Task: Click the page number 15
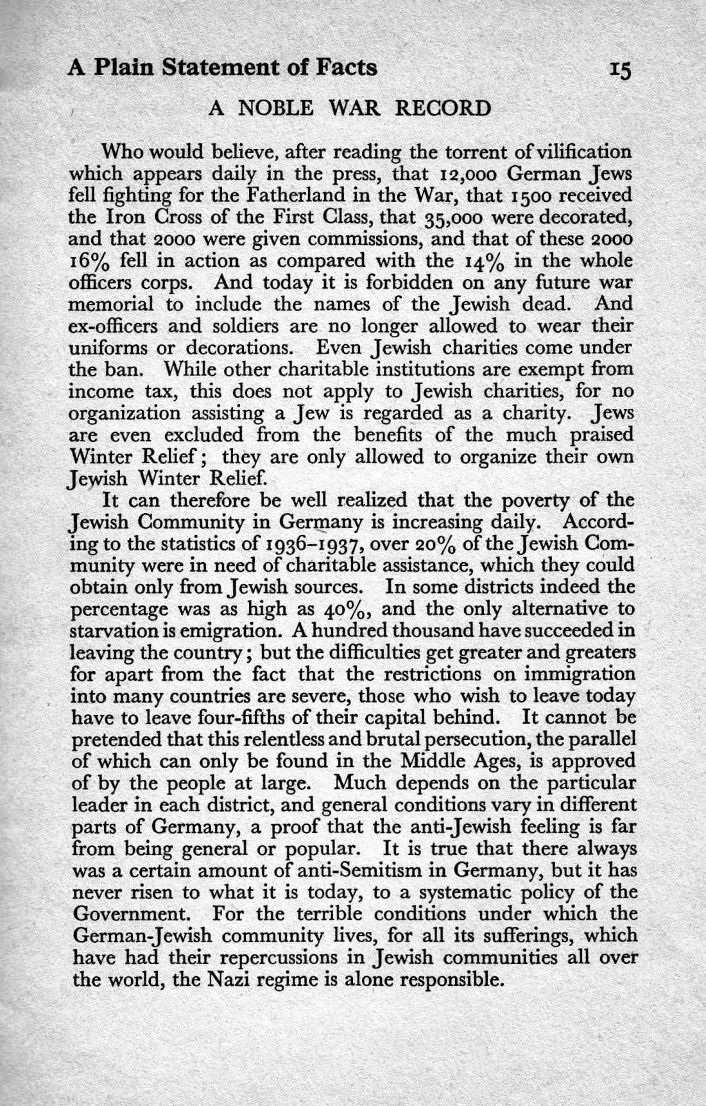pos(621,69)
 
